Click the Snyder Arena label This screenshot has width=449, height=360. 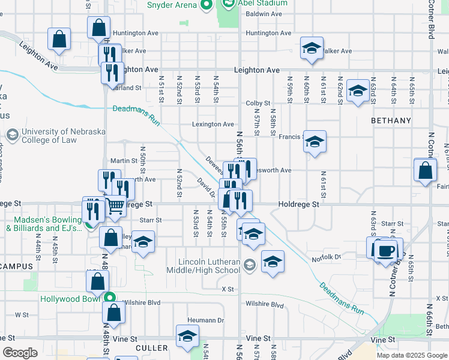pos(172,5)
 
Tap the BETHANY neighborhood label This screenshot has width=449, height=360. pos(391,121)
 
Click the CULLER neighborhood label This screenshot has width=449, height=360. pos(151,347)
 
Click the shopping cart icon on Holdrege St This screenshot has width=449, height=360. pos(115,206)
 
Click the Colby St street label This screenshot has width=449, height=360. pos(258,103)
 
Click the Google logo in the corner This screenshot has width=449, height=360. pos(20,352)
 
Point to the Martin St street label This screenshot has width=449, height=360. pos(124,161)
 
